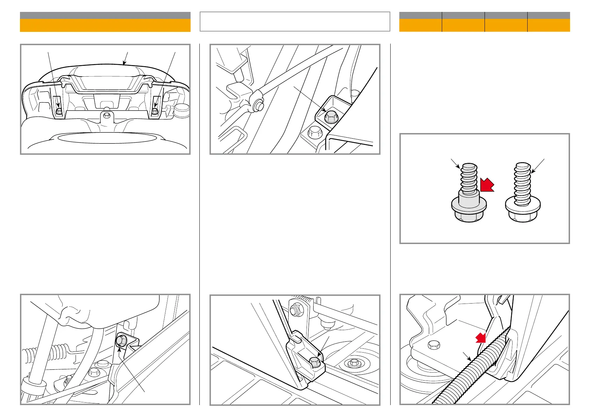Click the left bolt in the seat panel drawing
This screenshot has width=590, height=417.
click(x=59, y=112)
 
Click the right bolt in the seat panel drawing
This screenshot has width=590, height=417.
click(x=155, y=112)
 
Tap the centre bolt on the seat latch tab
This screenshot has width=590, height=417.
click(x=107, y=115)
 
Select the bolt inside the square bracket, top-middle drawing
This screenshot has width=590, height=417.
click(x=330, y=117)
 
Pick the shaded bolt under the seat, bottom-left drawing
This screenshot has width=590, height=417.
click(x=120, y=340)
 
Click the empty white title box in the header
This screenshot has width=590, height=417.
click(x=295, y=22)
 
